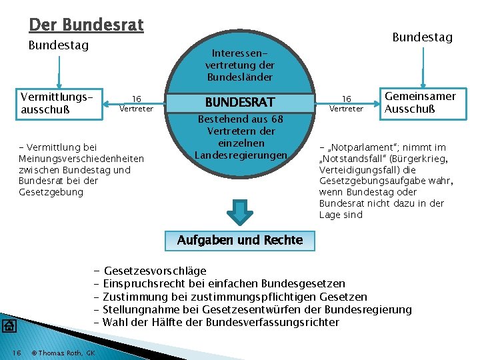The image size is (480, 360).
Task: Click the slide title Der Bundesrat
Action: click(86, 25)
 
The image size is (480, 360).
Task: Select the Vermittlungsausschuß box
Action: click(61, 104)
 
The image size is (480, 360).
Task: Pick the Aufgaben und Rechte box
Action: click(240, 240)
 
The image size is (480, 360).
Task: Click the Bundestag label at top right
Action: click(422, 37)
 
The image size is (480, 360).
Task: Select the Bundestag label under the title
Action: click(59, 46)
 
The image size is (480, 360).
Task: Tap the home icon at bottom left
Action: click(9, 325)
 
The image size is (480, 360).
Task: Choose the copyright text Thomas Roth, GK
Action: click(63, 353)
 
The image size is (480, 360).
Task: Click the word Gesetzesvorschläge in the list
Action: click(155, 271)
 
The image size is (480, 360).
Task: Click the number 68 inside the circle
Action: click(277, 119)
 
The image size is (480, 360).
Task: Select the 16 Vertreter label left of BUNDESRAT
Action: click(136, 103)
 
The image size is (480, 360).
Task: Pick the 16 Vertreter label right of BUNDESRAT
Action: click(347, 103)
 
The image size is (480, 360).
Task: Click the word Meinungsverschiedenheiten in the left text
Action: click(81, 158)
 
